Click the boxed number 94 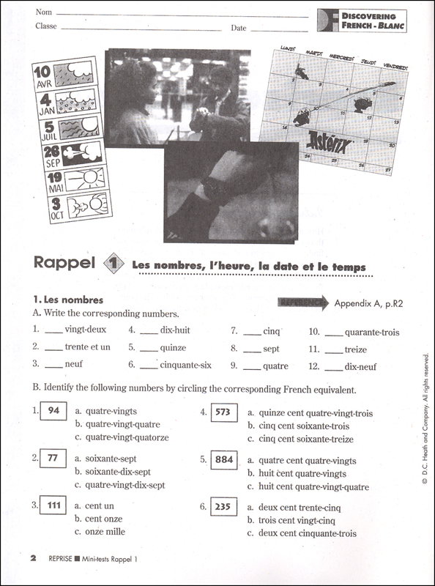53,411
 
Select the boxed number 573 224,412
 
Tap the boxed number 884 224,460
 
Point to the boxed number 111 53,505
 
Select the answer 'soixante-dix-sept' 118,472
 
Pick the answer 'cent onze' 103,519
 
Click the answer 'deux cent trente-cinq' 300,508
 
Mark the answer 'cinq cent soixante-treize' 305,439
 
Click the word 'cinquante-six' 186,365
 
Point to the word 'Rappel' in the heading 64,263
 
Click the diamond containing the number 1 114,264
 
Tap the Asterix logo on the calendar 329,142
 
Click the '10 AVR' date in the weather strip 43,77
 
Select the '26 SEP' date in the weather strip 52,156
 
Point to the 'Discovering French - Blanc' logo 362,21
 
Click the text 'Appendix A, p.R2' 368,303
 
